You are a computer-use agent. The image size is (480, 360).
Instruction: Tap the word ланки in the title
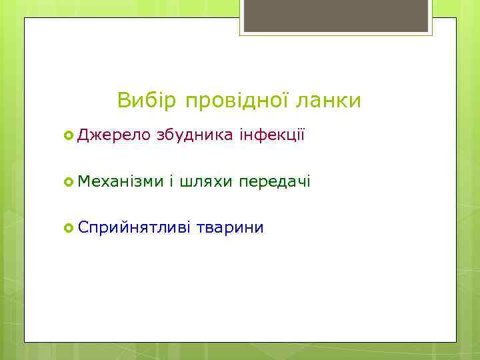(x=331, y=101)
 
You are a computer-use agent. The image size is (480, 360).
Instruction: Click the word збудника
(x=195, y=136)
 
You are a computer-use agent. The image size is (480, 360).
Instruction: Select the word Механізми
(x=120, y=181)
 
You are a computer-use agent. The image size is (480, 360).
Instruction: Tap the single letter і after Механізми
(x=171, y=181)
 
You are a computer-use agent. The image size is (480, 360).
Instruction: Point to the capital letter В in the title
(x=124, y=101)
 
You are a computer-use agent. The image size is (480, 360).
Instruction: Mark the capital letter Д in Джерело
(x=83, y=136)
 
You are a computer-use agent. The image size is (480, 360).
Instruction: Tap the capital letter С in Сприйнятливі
(x=83, y=228)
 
